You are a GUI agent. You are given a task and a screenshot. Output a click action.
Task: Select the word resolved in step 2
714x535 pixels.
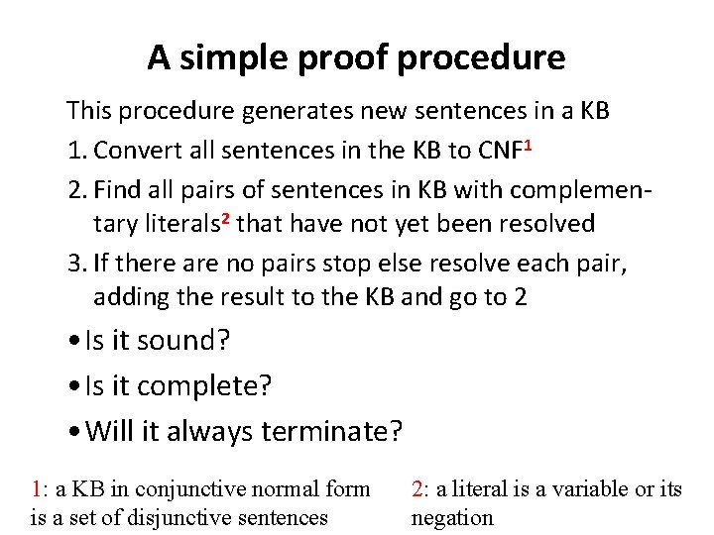tap(548, 224)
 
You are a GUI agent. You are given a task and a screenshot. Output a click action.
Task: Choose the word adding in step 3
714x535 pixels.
tap(129, 297)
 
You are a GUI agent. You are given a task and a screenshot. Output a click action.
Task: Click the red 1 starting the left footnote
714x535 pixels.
tap(37, 489)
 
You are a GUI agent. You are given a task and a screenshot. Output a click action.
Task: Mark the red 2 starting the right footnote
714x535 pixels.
tap(417, 489)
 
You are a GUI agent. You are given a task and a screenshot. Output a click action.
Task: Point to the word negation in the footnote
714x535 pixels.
tap(452, 517)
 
